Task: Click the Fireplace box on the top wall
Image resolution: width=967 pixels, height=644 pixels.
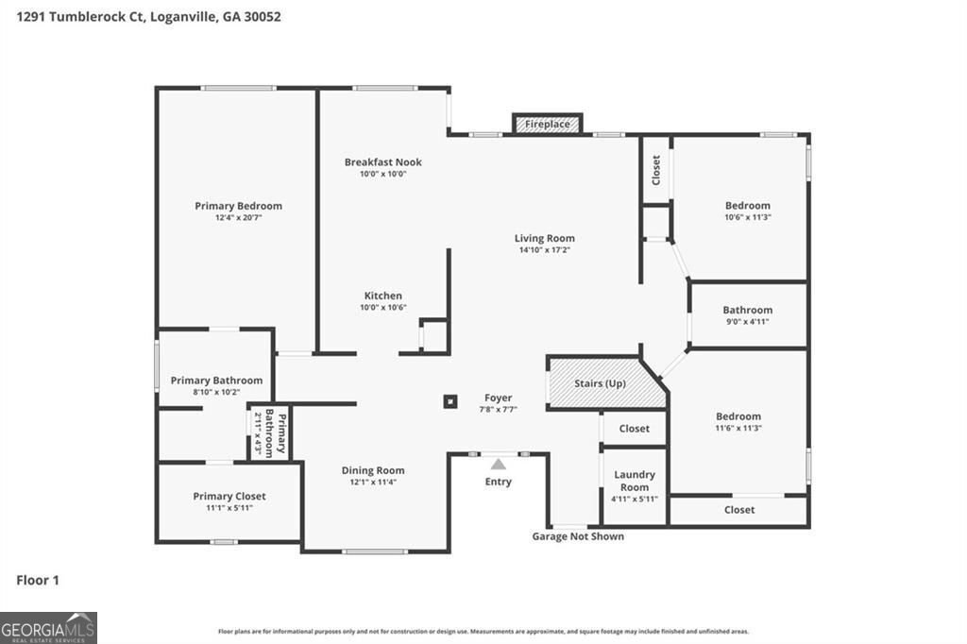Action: point(548,124)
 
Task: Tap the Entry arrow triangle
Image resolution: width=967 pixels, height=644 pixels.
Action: point(499,464)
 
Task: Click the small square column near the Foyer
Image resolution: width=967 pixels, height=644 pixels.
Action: point(450,401)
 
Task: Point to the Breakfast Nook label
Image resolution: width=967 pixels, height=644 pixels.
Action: point(383,162)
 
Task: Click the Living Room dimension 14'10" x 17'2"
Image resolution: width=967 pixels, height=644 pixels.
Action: point(545,250)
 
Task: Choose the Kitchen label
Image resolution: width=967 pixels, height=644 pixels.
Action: point(383,297)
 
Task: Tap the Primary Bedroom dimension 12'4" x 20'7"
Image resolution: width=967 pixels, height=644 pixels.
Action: point(239,217)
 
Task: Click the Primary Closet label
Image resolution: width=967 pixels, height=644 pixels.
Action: point(229,496)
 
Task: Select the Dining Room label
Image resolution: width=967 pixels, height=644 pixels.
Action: point(373,470)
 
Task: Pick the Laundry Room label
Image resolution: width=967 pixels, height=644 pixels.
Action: point(635,481)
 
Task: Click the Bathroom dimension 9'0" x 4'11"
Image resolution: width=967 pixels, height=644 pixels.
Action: point(748,321)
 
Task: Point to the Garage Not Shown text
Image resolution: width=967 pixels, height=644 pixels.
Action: point(578,536)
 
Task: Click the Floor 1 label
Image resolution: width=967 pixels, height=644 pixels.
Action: point(38,580)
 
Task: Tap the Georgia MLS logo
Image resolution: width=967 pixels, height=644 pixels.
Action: point(48,628)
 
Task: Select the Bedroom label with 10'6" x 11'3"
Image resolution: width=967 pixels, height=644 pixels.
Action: point(748,206)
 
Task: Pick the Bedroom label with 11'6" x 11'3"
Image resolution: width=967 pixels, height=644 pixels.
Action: point(738,416)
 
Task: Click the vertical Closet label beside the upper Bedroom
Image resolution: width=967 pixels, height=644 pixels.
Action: point(656,170)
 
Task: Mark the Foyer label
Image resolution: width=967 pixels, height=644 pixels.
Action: point(499,398)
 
